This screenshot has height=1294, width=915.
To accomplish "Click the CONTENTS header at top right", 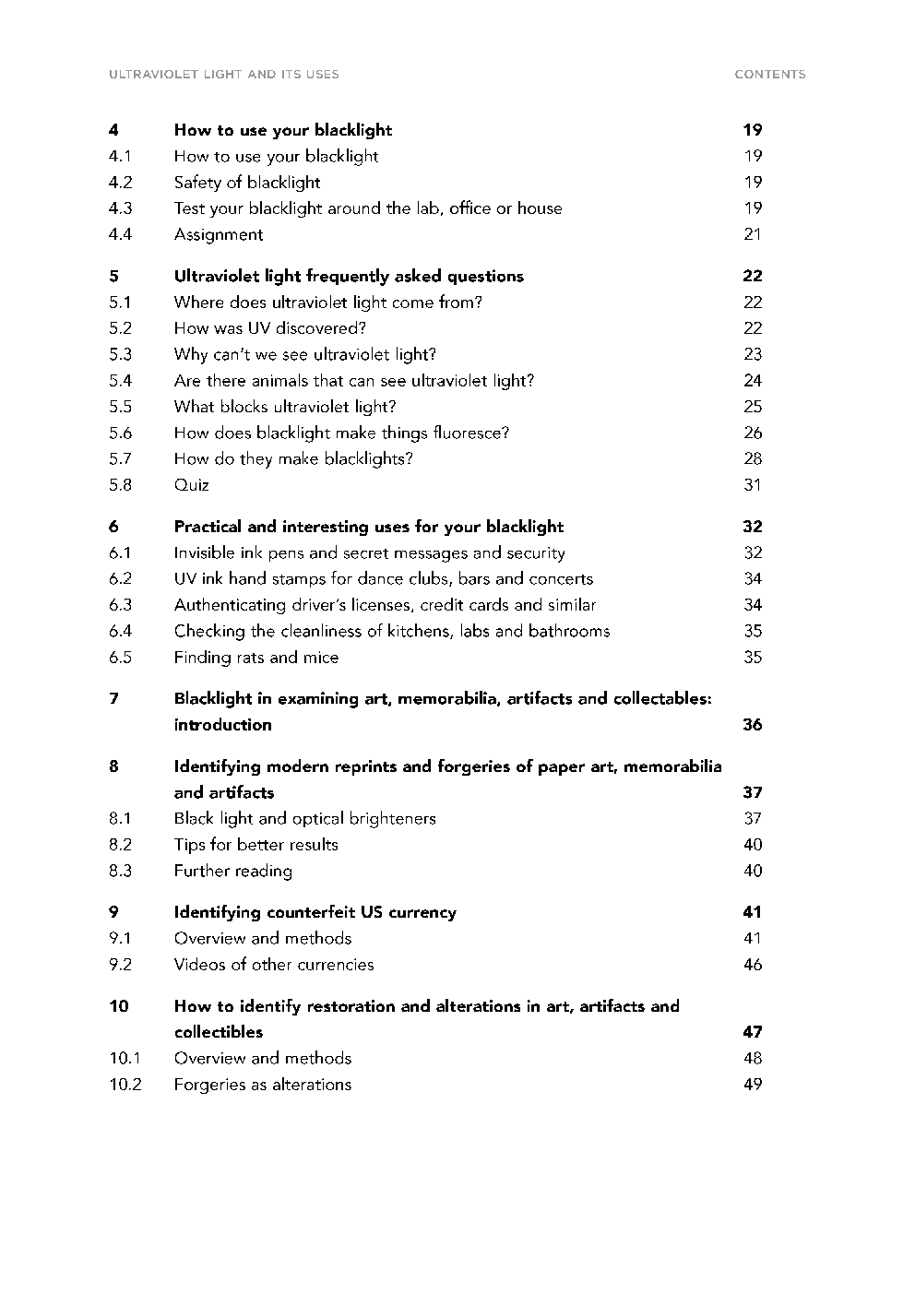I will [769, 75].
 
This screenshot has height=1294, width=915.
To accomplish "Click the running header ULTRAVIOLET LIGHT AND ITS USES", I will [223, 75].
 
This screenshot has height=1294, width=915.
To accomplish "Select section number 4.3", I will [120, 208].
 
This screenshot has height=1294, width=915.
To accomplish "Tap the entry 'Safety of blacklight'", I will [247, 183].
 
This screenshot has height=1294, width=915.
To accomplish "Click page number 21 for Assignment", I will [753, 234].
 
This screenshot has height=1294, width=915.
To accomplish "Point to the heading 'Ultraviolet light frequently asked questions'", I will [349, 276].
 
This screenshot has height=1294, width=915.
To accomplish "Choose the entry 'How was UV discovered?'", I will [270, 328].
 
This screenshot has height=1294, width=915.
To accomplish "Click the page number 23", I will [753, 354].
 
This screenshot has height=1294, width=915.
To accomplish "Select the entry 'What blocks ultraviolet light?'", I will [285, 407].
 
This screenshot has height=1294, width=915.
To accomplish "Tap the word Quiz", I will [192, 485].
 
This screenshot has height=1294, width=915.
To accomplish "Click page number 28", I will [753, 459].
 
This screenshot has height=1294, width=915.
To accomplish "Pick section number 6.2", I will [120, 579].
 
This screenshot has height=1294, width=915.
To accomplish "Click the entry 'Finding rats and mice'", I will [256, 658].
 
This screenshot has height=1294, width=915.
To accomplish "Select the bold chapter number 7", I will [113, 699].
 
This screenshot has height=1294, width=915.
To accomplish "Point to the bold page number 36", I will [753, 725].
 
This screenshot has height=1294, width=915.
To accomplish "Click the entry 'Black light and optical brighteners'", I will [305, 819].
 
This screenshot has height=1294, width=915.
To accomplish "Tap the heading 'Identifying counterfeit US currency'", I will [315, 912].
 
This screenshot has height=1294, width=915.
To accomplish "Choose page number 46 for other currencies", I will [753, 965].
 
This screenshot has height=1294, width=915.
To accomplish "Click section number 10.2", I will [125, 1085].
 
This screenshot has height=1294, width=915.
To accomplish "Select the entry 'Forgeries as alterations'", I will [263, 1085].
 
